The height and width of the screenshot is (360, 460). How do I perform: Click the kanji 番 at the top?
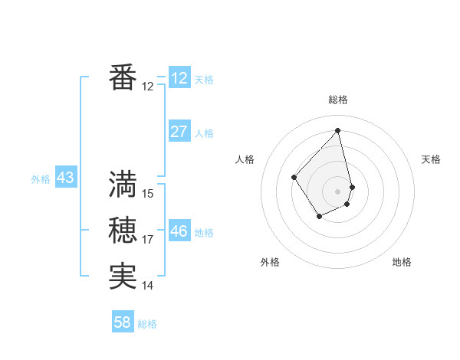pyautogui.click(x=123, y=78)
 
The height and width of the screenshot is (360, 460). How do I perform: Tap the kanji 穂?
pyautogui.click(x=123, y=231)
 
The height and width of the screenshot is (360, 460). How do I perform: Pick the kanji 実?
pyautogui.click(x=123, y=277)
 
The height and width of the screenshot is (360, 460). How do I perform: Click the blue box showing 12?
pyautogui.click(x=179, y=78)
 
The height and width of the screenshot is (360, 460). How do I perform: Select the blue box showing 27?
pyautogui.click(x=179, y=132)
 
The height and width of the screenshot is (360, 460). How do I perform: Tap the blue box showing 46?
pyautogui.click(x=179, y=231)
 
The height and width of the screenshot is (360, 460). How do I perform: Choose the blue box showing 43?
pyautogui.click(x=65, y=178)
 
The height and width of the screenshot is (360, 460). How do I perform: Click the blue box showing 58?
pyautogui.click(x=122, y=322)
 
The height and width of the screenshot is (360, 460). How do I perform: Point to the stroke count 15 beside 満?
pyautogui.click(x=148, y=194)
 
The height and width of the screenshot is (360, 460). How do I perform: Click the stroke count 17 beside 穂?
pyautogui.click(x=148, y=240)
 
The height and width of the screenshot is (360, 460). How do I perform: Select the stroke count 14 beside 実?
pyautogui.click(x=148, y=286)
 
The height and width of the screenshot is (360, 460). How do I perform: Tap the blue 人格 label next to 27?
pyautogui.click(x=204, y=133)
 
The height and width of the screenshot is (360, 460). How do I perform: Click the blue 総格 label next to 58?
pyautogui.click(x=147, y=324)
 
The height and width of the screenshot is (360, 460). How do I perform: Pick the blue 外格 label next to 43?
pyautogui.click(x=41, y=179)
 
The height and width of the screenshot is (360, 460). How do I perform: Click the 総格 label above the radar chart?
pyautogui.click(x=337, y=100)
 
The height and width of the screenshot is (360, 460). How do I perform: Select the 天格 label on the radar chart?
pyautogui.click(x=431, y=159)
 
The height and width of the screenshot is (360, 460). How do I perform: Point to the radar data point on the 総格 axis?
pyautogui.click(x=337, y=131)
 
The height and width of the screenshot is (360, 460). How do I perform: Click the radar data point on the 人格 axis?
pyautogui.click(x=294, y=178)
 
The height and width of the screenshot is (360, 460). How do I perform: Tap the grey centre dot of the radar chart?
pyautogui.click(x=337, y=191)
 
